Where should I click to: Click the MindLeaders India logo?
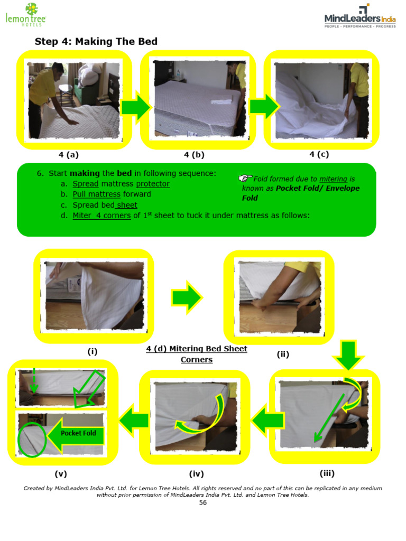point(359,17)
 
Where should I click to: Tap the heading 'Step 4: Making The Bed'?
point(96,42)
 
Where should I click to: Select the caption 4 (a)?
point(69,155)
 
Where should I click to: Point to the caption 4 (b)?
point(194,155)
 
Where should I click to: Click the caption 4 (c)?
point(319,154)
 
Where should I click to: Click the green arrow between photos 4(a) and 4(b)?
point(135,107)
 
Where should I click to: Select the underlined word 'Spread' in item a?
point(86,184)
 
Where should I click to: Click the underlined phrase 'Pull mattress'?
point(97,194)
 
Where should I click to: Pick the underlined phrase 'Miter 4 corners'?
point(101,215)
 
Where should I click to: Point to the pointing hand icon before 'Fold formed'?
point(246,179)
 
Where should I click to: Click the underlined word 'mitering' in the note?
point(333,179)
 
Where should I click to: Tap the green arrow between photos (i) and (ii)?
point(186,298)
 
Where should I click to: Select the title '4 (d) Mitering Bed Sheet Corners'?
point(197,354)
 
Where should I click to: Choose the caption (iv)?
point(196,474)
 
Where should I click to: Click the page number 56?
point(203,502)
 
